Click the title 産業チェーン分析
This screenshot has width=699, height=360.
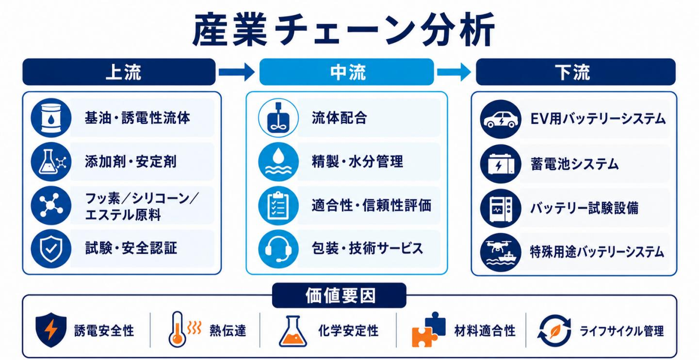coord(343,30)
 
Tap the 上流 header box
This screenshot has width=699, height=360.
coord(119,72)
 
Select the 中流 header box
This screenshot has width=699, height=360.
coord(347,72)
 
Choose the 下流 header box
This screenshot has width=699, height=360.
coord(576,72)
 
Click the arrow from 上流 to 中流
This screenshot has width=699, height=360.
coord(237,72)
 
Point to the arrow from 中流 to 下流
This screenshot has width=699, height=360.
coord(454,72)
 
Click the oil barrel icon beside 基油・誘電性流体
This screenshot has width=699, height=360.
coord(51,118)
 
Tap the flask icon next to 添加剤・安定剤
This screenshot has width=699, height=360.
coord(51,162)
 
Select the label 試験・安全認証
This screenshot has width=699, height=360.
coord(131,248)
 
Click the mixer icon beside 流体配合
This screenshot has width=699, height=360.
coord(278,118)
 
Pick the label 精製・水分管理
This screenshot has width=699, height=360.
coord(358,162)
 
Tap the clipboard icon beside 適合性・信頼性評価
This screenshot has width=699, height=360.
coord(278,206)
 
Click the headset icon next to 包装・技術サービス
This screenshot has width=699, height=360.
coord(278,249)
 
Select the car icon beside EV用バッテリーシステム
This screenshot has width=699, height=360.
coord(501,119)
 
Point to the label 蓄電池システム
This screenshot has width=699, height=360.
coord(574,164)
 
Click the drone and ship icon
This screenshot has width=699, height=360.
coord(501,252)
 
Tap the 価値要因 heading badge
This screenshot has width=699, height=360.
coord(339,295)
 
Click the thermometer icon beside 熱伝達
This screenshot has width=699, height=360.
coord(184,329)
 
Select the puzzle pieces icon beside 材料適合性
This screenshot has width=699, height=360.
coord(429,330)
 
